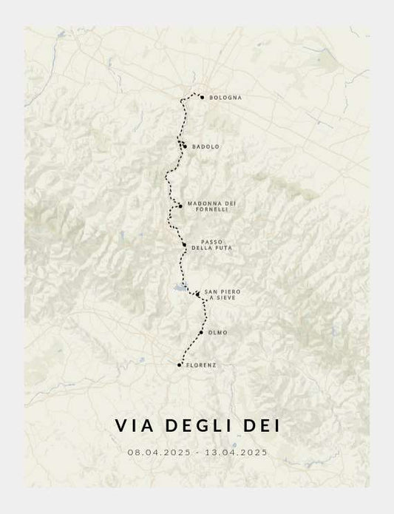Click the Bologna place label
[x=225, y=98]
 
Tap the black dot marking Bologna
[x=202, y=97]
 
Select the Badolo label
[x=206, y=146]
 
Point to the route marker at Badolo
[x=185, y=146]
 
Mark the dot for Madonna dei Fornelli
[x=180, y=206]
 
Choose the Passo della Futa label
[x=211, y=245]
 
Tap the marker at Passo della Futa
[x=184, y=244]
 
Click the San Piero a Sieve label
[x=223, y=294]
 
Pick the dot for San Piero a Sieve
[x=197, y=294]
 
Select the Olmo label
[x=218, y=333]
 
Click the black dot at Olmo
[x=200, y=332]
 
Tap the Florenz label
[x=201, y=365]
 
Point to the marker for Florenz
[x=180, y=365]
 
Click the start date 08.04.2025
[x=159, y=451]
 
